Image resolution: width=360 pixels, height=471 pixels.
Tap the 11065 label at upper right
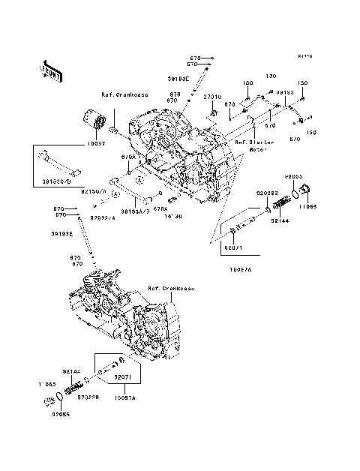309,203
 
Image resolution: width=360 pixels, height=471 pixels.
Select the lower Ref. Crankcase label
171,288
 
